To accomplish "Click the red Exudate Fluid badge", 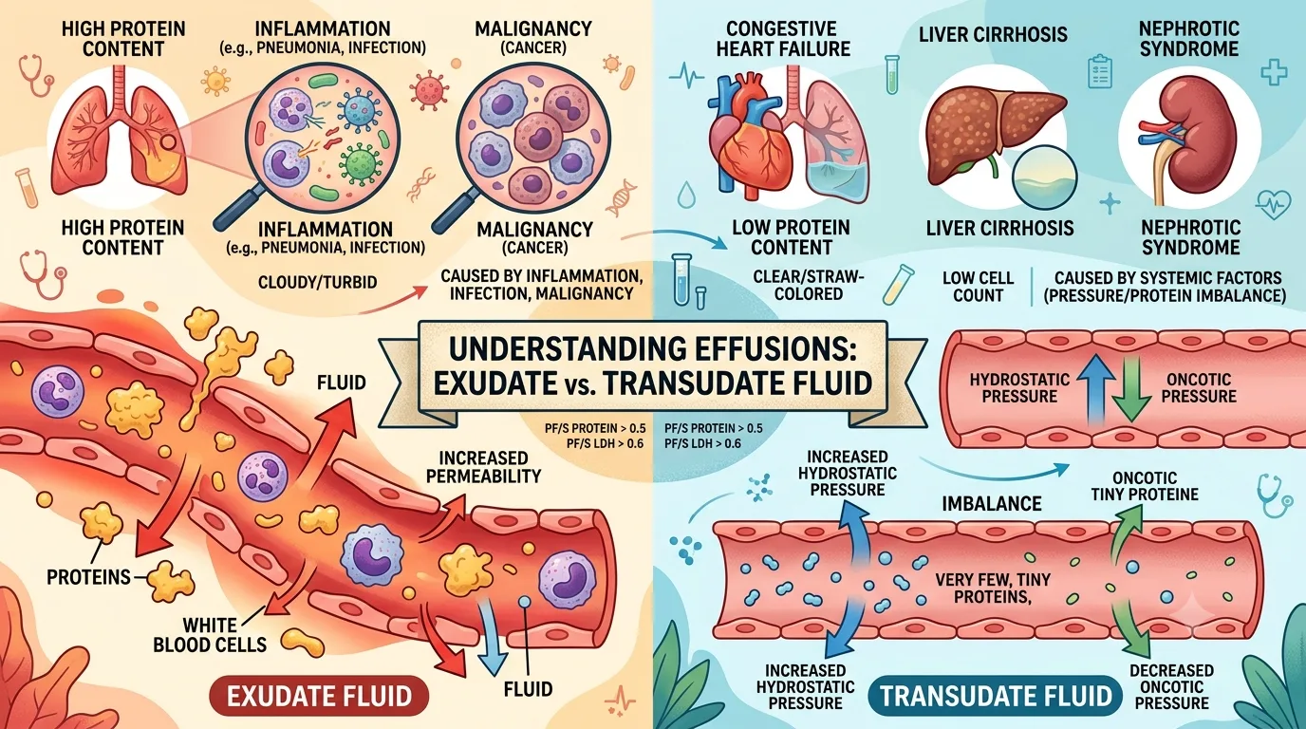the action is point(318,696).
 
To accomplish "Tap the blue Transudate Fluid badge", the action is point(996,696).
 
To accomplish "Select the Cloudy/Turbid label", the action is point(317,283).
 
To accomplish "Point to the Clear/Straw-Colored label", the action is point(808,285).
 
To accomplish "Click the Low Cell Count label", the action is point(978,287).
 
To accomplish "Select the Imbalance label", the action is point(992,503).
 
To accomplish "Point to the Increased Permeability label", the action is point(483,467).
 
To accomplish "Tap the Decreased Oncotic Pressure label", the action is point(1172,687).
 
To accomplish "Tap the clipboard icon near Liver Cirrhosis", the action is point(1100,71).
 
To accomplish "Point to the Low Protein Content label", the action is point(792,237).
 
